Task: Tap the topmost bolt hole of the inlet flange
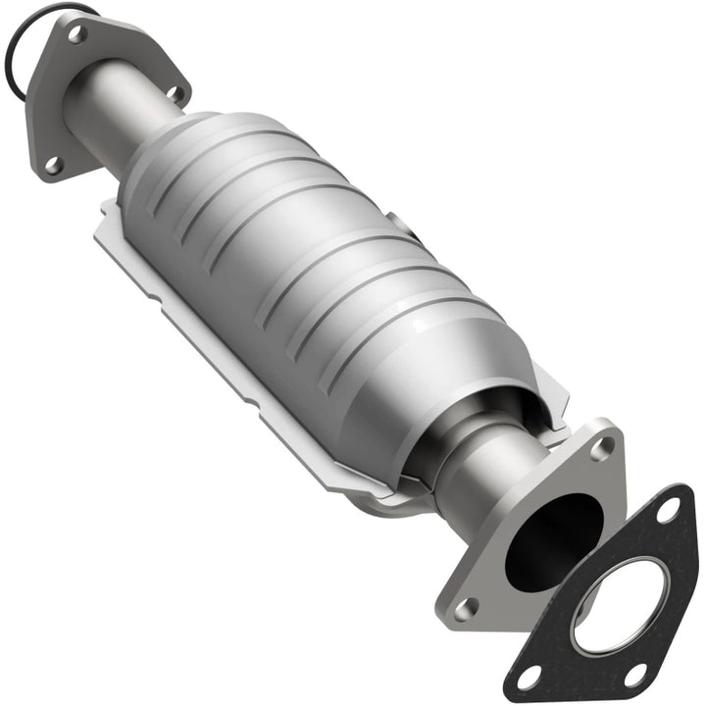76,33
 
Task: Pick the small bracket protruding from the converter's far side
404,227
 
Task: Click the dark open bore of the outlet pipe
554,540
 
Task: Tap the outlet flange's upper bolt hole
602,447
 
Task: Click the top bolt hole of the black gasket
669,510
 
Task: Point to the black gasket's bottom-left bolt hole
530,676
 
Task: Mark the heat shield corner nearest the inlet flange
106,211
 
